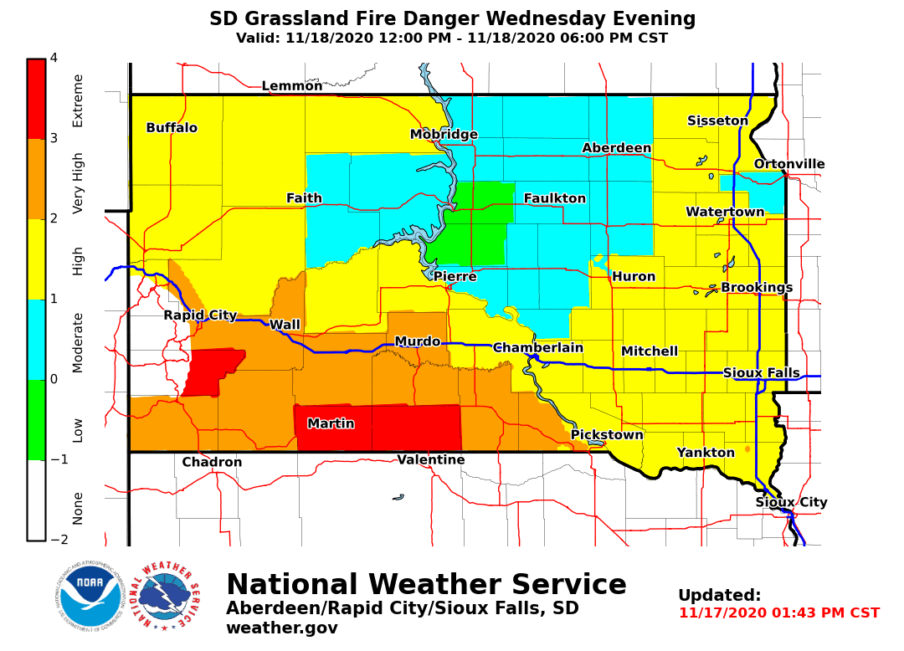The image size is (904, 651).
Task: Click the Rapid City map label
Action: pyautogui.click(x=200, y=315)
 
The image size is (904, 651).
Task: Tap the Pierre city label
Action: pyautogui.click(x=455, y=277)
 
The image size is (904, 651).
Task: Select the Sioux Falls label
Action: pyautogui.click(x=761, y=373)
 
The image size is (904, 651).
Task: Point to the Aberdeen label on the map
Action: pyautogui.click(x=617, y=148)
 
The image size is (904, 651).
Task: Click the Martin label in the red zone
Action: pyautogui.click(x=331, y=424)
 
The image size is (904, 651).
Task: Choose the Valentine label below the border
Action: pyautogui.click(x=431, y=460)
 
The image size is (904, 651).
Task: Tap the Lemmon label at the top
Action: pyautogui.click(x=292, y=86)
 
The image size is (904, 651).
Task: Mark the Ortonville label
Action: pyautogui.click(x=789, y=164)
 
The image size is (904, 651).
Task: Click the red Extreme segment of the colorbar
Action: pyautogui.click(x=36, y=98)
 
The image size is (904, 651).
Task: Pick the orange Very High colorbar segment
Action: pyautogui.click(x=36, y=178)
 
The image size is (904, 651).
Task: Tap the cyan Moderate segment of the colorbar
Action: pyautogui.click(x=36, y=339)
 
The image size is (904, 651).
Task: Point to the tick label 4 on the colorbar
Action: pyautogui.click(x=54, y=58)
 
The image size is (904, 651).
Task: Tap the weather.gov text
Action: pyautogui.click(x=282, y=628)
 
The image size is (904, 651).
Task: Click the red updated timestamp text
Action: pyautogui.click(x=778, y=613)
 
